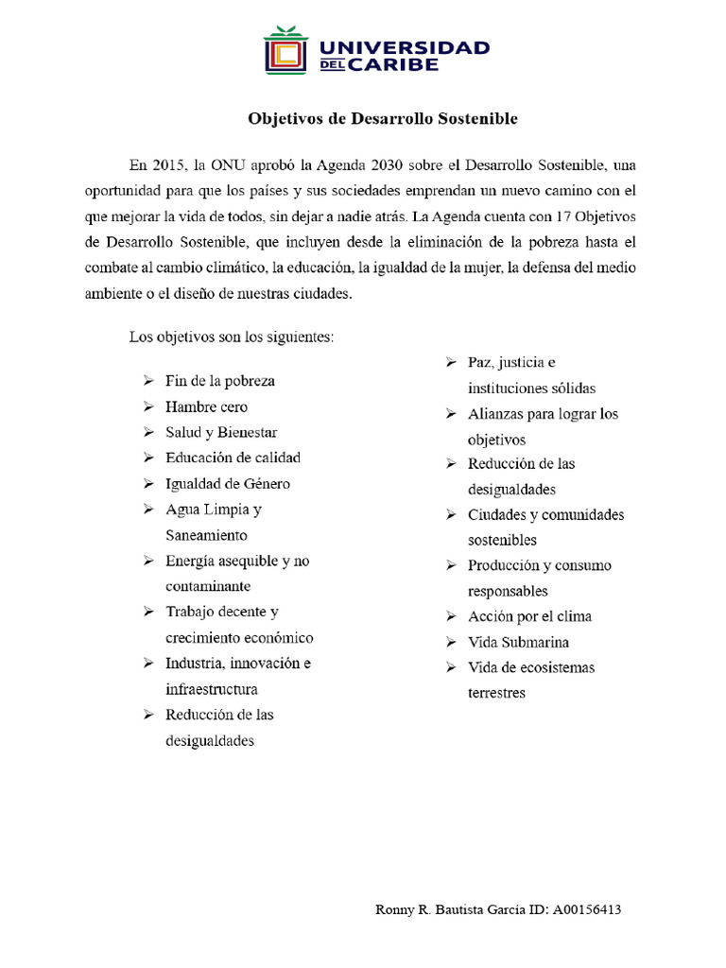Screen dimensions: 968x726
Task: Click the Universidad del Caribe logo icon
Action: tap(286, 50)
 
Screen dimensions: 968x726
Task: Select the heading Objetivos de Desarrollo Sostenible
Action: tap(383, 119)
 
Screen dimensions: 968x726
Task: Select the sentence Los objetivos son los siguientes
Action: tap(232, 337)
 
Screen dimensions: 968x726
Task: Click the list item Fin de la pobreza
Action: tap(220, 381)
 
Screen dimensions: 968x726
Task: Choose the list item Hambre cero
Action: tap(206, 406)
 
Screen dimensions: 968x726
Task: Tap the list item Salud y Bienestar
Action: tap(221, 432)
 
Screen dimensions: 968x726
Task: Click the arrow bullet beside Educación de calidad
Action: tap(148, 458)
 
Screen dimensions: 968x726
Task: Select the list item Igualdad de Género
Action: tap(227, 483)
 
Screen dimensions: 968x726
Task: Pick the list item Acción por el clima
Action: tap(529, 616)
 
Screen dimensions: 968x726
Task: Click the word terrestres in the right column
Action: tap(496, 693)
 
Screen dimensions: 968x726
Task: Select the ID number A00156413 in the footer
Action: tap(586, 910)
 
